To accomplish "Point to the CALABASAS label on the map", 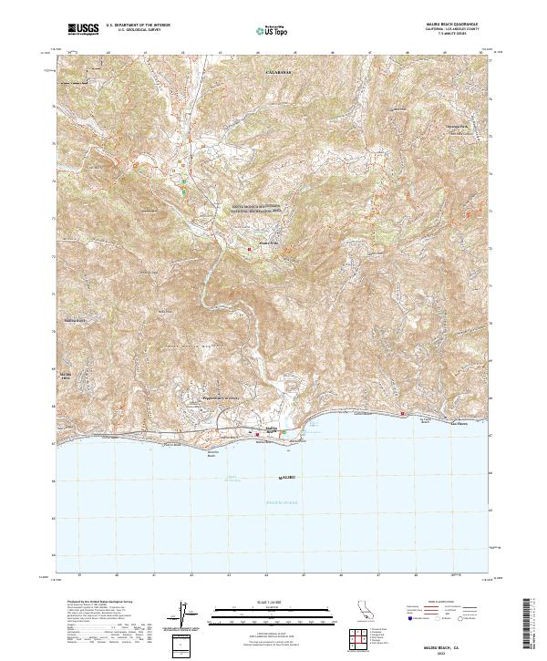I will tap(276, 70).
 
